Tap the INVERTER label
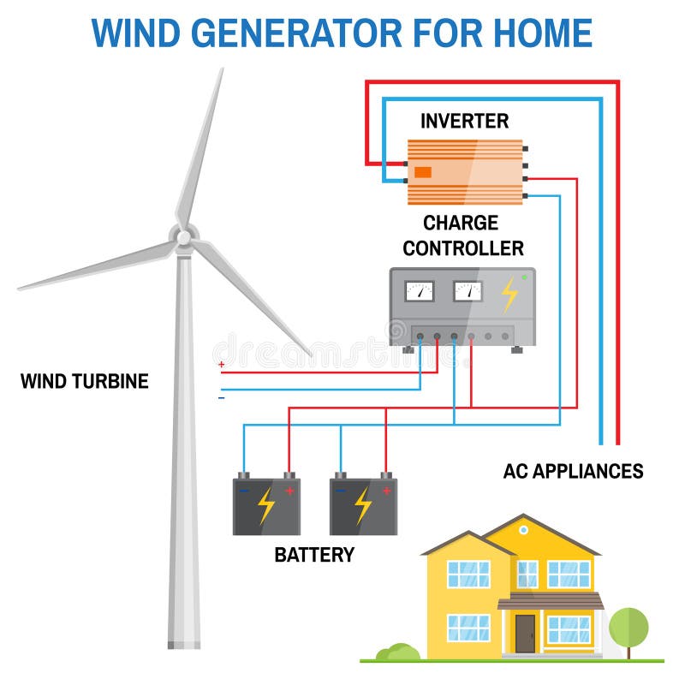click(464, 121)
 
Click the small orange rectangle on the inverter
click(422, 172)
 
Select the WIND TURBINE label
click(84, 381)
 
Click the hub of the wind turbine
click(184, 238)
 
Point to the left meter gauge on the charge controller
click(420, 291)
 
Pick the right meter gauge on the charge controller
click(468, 291)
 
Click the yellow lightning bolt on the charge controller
click(509, 295)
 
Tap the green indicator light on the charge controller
click(524, 277)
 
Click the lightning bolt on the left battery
click(266, 506)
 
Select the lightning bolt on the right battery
click(363, 506)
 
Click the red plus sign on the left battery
click(289, 491)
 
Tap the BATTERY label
click(314, 554)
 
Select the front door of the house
click(525, 634)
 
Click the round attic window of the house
click(523, 530)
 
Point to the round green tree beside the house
click(628, 628)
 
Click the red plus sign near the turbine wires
click(222, 365)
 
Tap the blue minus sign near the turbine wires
click(222, 397)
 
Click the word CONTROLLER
click(463, 248)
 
